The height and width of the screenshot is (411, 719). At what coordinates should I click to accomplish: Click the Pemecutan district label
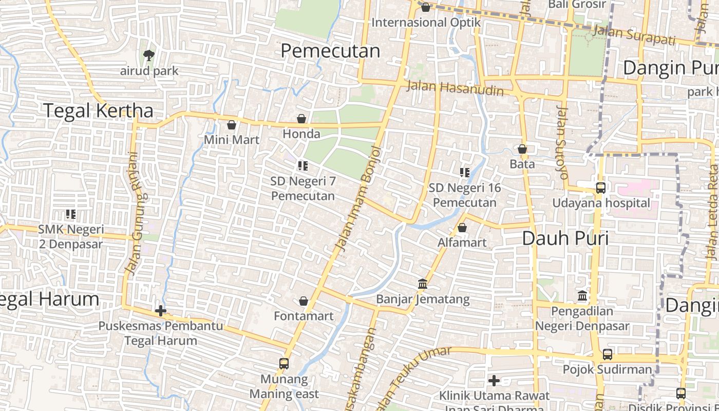point(330,51)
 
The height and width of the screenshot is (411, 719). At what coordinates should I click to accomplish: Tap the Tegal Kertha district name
point(98,110)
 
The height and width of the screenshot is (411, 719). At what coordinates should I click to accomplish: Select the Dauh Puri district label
point(565,238)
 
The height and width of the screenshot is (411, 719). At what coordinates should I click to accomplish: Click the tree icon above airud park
point(149,54)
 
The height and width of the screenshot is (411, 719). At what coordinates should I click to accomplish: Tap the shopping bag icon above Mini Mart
point(232,125)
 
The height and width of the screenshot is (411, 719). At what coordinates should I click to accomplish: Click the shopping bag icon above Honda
point(301,119)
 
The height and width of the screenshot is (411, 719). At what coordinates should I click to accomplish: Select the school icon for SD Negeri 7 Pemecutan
point(302,166)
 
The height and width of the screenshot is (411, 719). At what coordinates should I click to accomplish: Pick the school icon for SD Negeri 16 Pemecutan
point(465,173)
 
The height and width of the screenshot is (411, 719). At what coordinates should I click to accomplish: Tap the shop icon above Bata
point(522,150)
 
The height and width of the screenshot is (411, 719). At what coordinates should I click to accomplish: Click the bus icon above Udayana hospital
point(601,188)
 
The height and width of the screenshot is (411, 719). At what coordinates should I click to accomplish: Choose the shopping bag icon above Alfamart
point(462,228)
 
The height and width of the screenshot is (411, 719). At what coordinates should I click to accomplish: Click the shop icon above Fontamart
point(304,301)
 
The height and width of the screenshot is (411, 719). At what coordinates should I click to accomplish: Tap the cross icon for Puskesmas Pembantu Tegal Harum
point(161,311)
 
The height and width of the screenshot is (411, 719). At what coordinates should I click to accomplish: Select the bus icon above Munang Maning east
point(284,364)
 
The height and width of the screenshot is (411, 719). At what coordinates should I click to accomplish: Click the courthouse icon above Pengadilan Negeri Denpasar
point(582,296)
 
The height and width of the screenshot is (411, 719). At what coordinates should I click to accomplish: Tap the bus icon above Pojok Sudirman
point(608,354)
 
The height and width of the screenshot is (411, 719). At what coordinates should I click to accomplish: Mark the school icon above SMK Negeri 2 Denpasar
point(71,214)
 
